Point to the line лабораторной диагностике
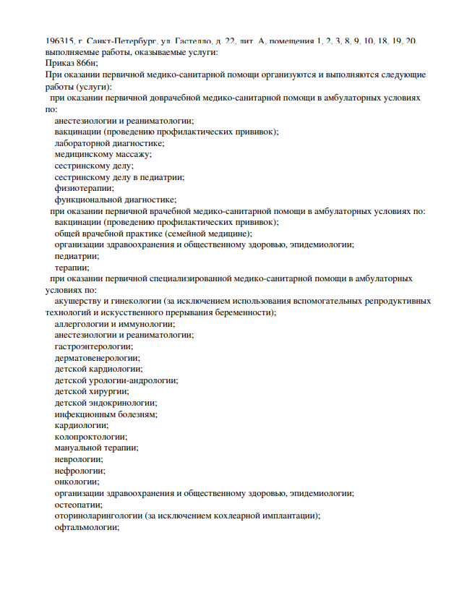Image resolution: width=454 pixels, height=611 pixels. [x=109, y=143]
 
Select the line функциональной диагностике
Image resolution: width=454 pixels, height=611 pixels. [x=116, y=200]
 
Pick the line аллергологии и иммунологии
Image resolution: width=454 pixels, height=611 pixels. [x=114, y=324]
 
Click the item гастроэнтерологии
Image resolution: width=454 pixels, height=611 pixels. [x=94, y=346]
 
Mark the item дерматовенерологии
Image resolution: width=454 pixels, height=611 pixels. [x=98, y=358]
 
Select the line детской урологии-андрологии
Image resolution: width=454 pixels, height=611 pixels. [x=116, y=380]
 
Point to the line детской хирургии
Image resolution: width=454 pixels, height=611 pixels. [x=92, y=391]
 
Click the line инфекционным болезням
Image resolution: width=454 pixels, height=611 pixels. [x=106, y=414]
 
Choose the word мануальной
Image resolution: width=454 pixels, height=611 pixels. [x=80, y=448]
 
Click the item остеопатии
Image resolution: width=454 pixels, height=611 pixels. [x=78, y=504]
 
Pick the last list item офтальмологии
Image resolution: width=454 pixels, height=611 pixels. [x=87, y=527]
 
